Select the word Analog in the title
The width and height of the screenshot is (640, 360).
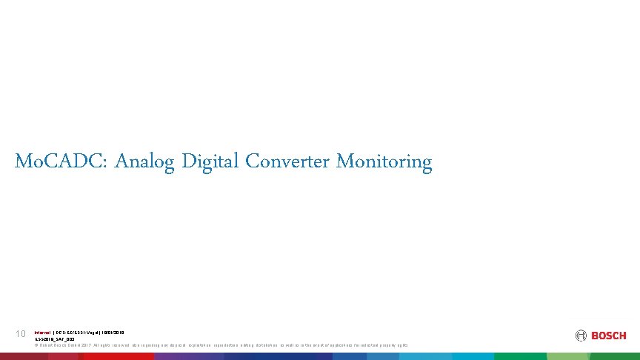pos(145,161)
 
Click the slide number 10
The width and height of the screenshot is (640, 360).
pos(21,335)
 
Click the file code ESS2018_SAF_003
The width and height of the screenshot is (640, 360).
pos(56,339)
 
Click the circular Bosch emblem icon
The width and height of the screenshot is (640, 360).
pos(581,336)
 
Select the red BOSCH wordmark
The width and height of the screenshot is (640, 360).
pos(609,336)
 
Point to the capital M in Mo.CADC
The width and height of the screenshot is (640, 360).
pos(21,161)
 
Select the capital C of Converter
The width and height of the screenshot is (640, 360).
pos(251,161)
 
